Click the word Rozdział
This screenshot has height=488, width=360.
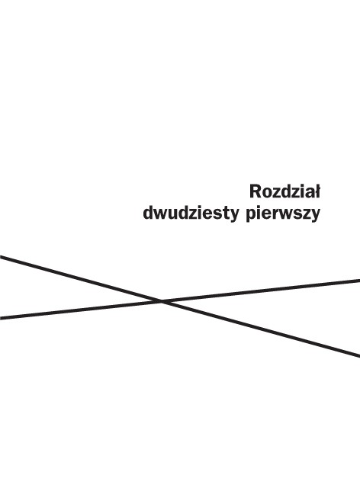[x=284, y=191]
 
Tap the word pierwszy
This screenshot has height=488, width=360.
[x=283, y=214]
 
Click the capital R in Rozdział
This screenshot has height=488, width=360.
[x=255, y=191]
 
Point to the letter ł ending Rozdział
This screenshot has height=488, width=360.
[x=317, y=191]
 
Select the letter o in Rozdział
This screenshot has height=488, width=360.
[x=266, y=194]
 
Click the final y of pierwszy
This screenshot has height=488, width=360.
[x=316, y=217]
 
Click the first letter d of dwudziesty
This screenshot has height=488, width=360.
[x=148, y=213]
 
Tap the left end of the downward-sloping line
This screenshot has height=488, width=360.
[x=0, y=257]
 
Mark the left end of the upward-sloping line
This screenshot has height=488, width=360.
[x=0, y=318]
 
